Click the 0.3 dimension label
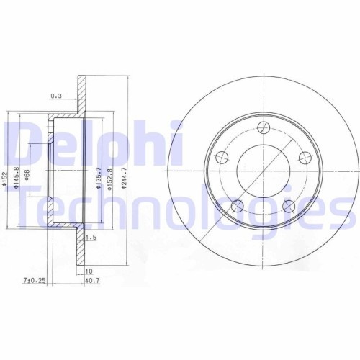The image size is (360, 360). pyautogui.click(x=56, y=95)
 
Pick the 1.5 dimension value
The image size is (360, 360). pyautogui.click(x=91, y=236)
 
